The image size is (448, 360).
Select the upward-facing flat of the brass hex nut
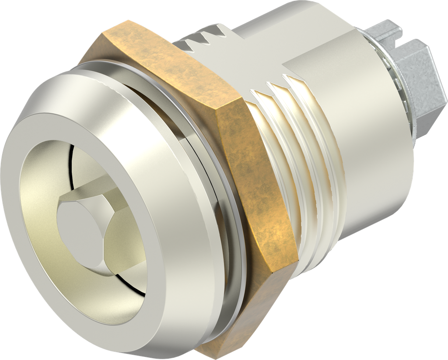(x=171, y=66)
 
